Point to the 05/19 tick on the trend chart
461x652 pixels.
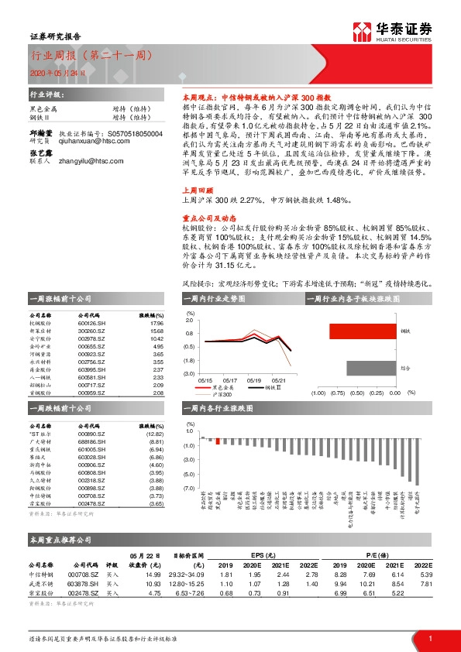(x=254, y=380)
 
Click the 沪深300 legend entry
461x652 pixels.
(x=223, y=394)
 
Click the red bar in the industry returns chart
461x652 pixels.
(x=218, y=441)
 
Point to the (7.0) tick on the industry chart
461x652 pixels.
(x=189, y=489)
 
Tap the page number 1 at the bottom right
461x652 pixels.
(x=429, y=637)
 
